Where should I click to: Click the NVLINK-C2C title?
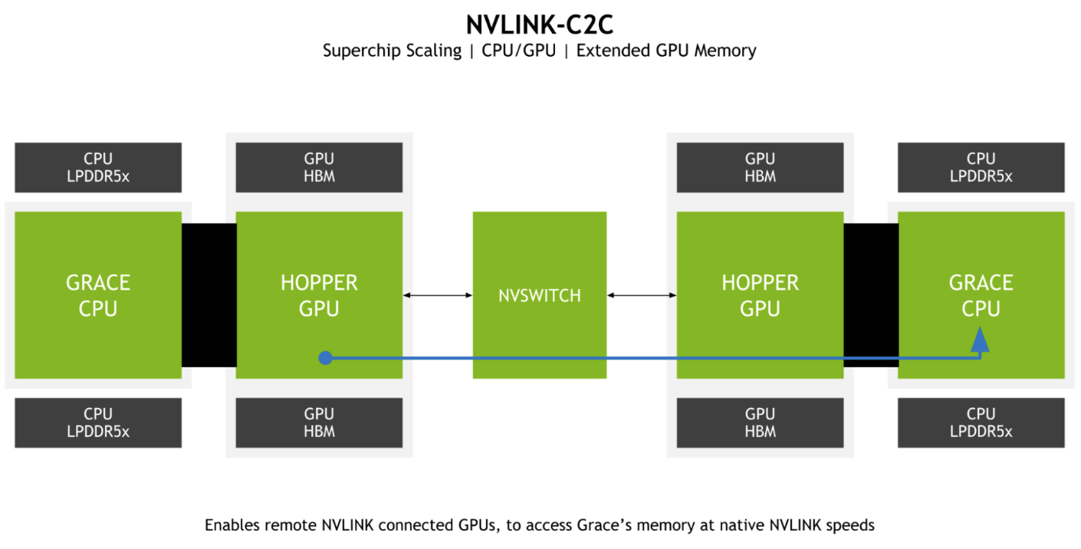[539, 25]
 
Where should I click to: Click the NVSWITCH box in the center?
[539, 295]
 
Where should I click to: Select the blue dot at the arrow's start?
[325, 357]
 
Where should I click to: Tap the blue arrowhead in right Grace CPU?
[980, 339]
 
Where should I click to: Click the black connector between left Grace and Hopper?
[209, 295]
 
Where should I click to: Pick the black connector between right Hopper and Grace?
[871, 295]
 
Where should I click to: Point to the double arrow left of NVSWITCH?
[437, 295]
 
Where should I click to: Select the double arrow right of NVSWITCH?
[642, 295]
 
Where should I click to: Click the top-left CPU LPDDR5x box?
[98, 167]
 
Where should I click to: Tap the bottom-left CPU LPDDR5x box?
[98, 422]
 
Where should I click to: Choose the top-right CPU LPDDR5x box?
[981, 167]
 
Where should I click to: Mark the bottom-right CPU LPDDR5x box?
[981, 422]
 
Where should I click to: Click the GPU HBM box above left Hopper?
[319, 167]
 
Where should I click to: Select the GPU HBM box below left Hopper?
[319, 422]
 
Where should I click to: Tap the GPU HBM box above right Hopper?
[760, 167]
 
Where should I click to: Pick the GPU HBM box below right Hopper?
[760, 422]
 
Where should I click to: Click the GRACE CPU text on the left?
[98, 295]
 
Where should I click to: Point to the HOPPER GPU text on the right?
[760, 295]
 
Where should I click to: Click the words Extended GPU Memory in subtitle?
[666, 51]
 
